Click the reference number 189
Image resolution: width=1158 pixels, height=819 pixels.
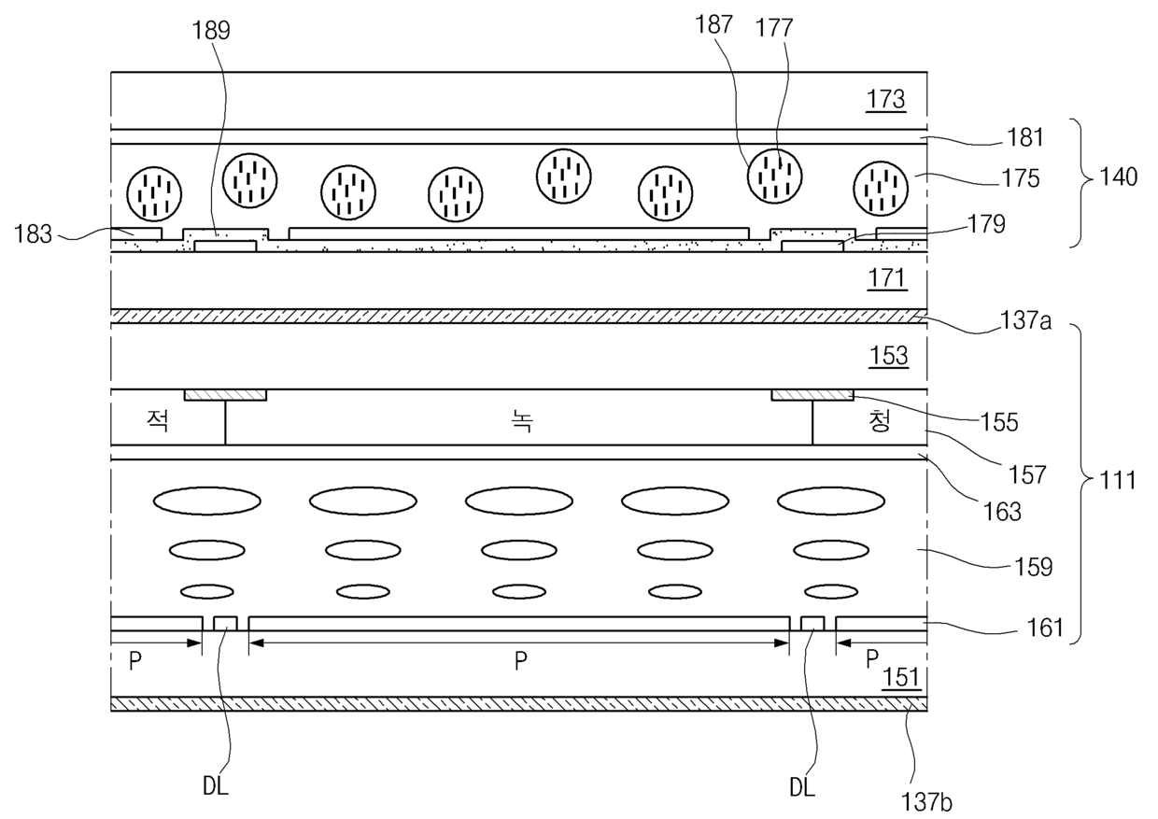tap(211, 31)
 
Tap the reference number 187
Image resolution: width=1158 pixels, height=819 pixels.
tap(713, 24)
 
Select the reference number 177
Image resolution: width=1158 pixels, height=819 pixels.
tap(774, 27)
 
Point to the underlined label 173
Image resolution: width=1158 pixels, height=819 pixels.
tap(885, 99)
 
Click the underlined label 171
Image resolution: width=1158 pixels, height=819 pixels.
tap(887, 278)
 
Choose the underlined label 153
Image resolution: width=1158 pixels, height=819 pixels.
tap(888, 356)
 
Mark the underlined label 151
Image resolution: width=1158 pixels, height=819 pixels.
tap(901, 677)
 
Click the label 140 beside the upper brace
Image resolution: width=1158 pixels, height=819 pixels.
tap(1118, 177)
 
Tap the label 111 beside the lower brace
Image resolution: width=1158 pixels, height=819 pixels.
tap(1118, 480)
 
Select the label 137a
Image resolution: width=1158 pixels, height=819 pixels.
tap(1025, 320)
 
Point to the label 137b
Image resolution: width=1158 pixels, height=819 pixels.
tap(926, 802)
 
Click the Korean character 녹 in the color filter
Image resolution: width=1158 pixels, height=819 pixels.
tap(522, 421)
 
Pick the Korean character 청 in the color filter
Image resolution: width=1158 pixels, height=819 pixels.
tap(879, 420)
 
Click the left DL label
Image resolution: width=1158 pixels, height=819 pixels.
tap(216, 786)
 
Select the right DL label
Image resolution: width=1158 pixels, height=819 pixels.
tap(802, 787)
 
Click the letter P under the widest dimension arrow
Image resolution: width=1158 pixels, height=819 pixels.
tap(520, 661)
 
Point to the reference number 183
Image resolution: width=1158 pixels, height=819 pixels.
tap(33, 234)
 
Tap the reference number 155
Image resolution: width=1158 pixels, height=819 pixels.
tap(999, 422)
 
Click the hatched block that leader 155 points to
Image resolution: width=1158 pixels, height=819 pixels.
tap(812, 395)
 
